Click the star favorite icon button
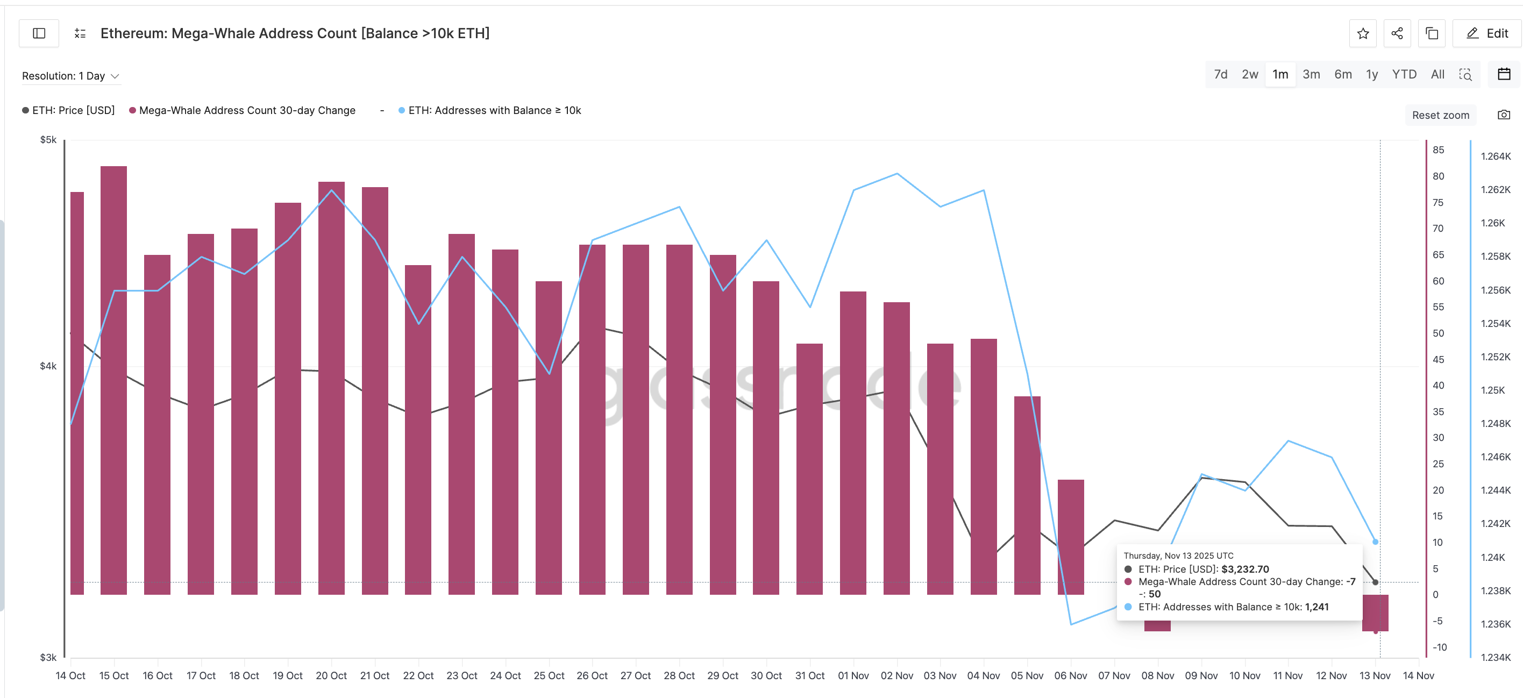point(1363,34)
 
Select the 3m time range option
point(1311,74)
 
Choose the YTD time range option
point(1404,74)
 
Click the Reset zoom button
point(1440,115)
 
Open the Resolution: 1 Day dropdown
point(70,76)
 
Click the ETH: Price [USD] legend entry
point(69,111)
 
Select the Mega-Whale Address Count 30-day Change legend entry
point(243,111)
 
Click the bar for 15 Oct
point(113,378)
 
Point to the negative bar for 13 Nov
point(1375,613)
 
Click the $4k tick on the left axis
point(48,366)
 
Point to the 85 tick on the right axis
point(1438,150)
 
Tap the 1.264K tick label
point(1495,156)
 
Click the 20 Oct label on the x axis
point(331,675)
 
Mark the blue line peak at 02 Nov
point(897,174)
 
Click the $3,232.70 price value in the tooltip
point(1244,569)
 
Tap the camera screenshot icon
point(1504,115)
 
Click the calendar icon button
point(1504,74)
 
